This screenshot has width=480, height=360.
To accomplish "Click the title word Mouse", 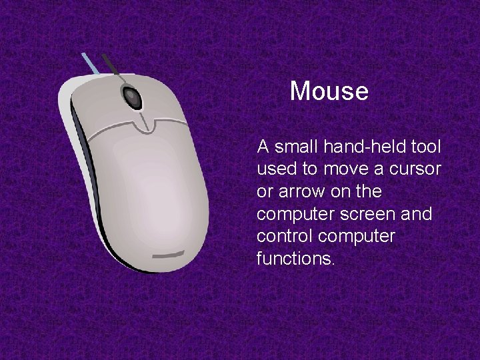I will tap(329, 91).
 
